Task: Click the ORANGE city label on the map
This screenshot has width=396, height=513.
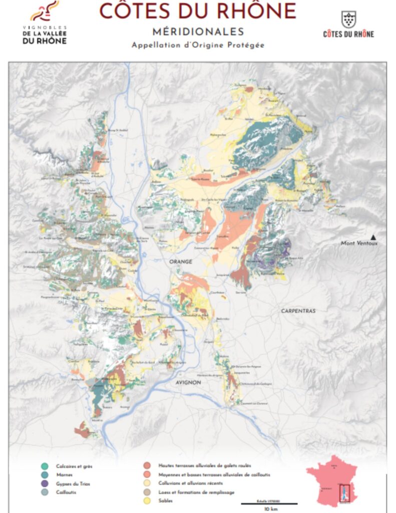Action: pyautogui.click(x=181, y=262)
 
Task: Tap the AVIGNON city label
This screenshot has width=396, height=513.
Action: pyautogui.click(x=188, y=383)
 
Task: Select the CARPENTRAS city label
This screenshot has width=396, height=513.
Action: pyautogui.click(x=298, y=311)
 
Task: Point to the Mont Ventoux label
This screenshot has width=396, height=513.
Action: pyautogui.click(x=359, y=243)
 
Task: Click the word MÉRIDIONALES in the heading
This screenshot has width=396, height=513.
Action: pyautogui.click(x=198, y=32)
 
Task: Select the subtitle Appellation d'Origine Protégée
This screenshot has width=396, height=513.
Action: pyautogui.click(x=198, y=45)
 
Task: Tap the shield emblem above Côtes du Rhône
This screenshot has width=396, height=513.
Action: pyautogui.click(x=348, y=19)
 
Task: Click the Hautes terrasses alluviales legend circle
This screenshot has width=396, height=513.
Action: pyautogui.click(x=146, y=465)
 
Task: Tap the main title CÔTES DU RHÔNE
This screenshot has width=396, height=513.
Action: pyautogui.click(x=198, y=11)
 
